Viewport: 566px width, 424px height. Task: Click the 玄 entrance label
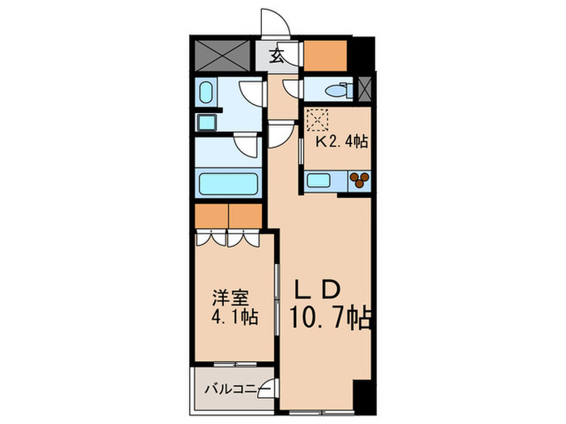pos(277,56)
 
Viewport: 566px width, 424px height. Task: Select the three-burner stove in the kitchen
pos(360,180)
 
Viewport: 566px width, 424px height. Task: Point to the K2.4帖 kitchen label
pos(342,141)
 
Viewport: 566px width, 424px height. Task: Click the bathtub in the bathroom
pos(229,184)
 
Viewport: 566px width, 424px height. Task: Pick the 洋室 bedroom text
pos(230,298)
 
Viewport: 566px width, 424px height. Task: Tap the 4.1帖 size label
pos(234,317)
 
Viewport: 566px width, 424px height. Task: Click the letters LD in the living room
pos(318,288)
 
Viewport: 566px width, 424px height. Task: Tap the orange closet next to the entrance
pos(325,56)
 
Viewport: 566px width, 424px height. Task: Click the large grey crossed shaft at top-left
pos(222,56)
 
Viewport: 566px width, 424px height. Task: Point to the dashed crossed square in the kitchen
pos(317,120)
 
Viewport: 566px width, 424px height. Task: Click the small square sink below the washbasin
pos(206,123)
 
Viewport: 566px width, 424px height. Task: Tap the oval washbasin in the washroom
pos(205,92)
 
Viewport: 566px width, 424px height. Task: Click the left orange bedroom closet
pos(212,216)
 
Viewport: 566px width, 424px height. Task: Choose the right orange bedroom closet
pos(246,216)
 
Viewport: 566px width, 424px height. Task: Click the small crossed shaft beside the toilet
pos(365,88)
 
